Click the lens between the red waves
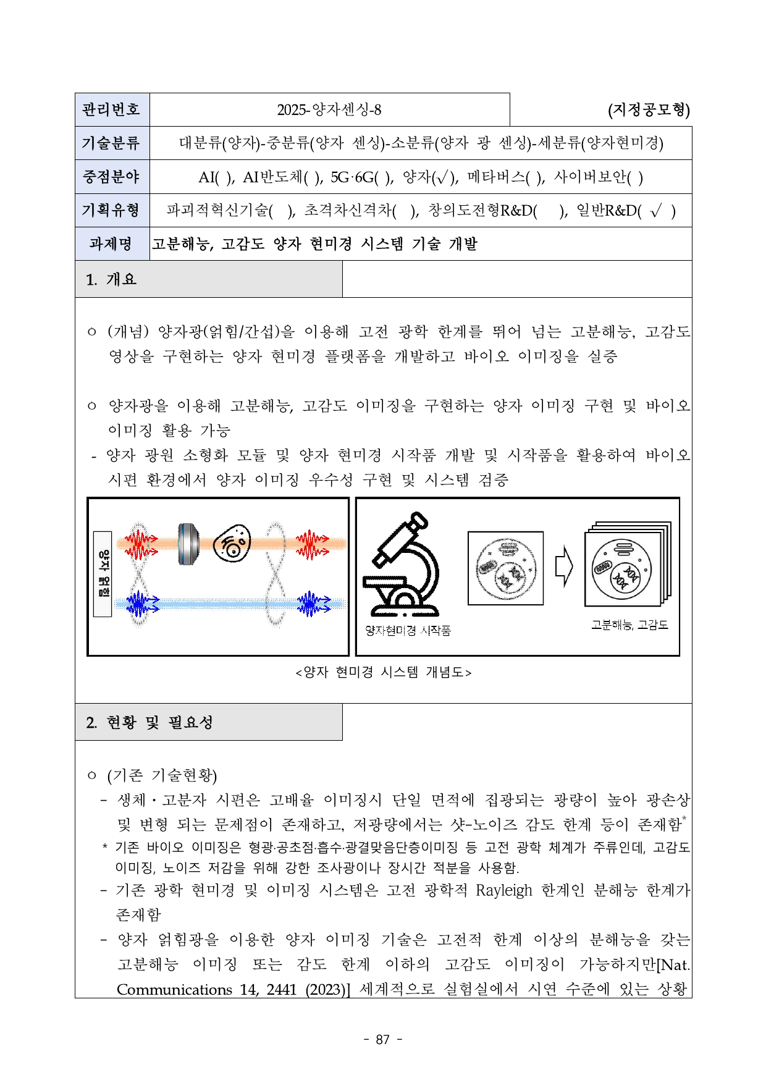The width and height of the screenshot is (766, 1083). coord(188,544)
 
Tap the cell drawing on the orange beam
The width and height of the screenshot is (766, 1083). coord(232,543)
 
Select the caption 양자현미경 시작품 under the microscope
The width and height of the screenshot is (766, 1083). coord(408,630)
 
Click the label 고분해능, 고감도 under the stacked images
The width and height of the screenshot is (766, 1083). coord(629,625)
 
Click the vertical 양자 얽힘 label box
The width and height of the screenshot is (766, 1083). coord(103,573)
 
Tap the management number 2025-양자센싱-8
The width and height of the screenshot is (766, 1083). coord(329,110)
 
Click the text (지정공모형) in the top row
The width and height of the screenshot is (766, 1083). coord(649,110)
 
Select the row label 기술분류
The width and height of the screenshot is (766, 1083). coord(112,143)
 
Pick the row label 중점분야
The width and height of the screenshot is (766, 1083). coord(112,177)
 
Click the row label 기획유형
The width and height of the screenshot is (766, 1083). coord(112,210)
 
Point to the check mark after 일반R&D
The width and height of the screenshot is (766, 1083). coord(656,211)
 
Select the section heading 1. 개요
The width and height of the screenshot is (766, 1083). coord(112,279)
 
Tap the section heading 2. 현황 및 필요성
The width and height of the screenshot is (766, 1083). coord(150,722)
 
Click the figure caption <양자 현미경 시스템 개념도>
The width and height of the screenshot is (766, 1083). coord(383,672)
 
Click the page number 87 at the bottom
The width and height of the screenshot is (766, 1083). coord(383,1039)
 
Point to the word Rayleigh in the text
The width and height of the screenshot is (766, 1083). coord(504,890)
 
